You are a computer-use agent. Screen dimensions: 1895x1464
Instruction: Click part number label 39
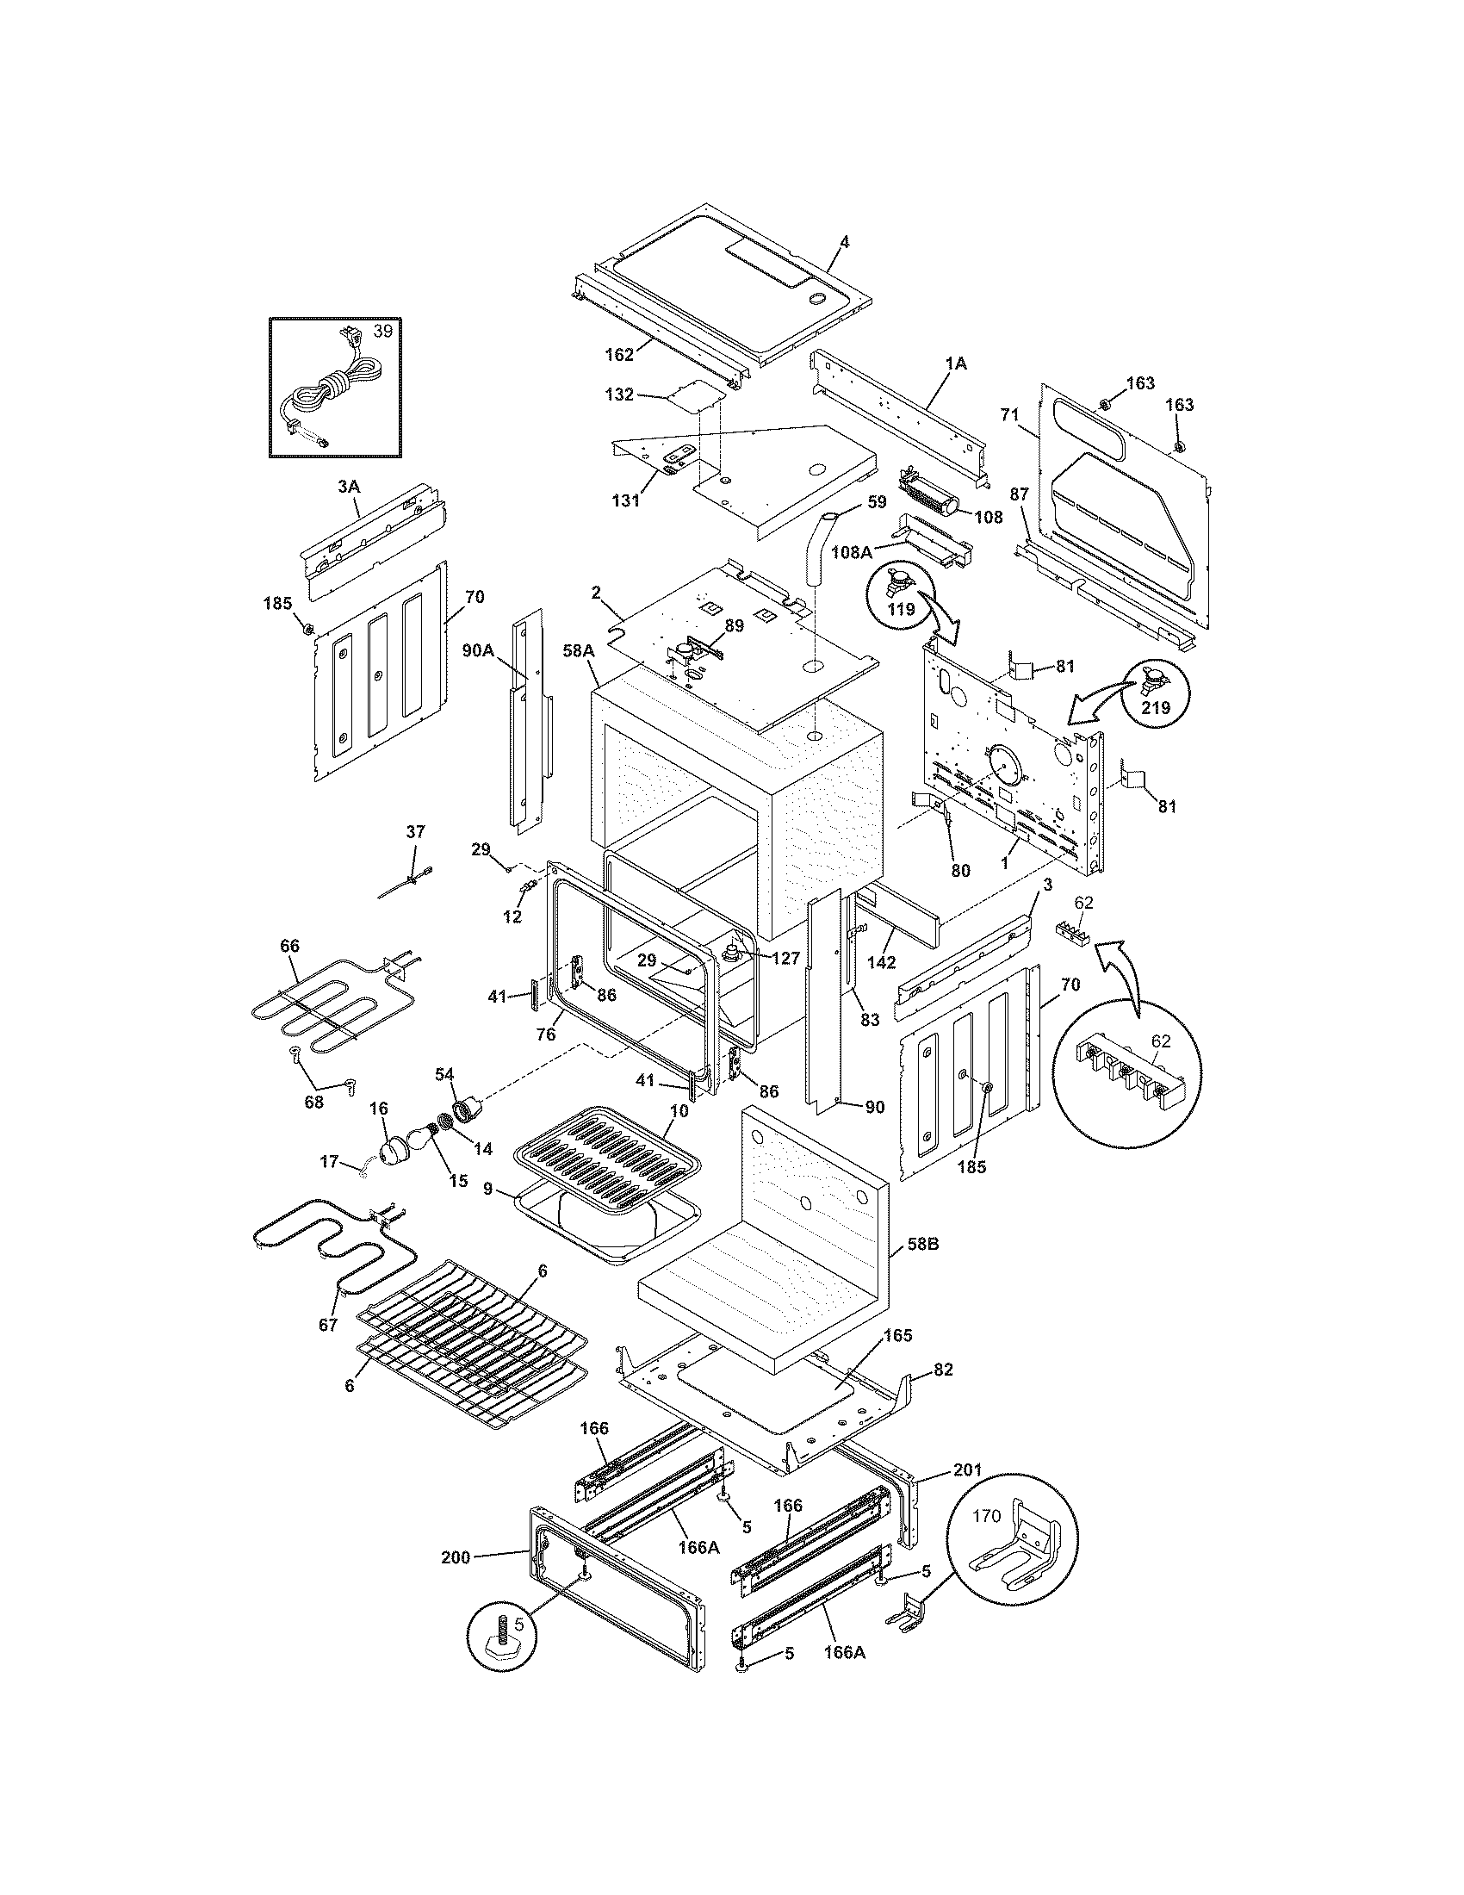click(x=382, y=332)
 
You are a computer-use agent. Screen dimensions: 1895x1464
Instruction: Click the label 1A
click(x=955, y=364)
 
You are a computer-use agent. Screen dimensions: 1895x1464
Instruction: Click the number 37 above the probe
click(x=415, y=831)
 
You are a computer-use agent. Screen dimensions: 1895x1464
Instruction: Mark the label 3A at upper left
click(x=348, y=488)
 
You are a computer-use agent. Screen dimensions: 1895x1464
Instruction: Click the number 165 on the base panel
click(x=897, y=1335)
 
